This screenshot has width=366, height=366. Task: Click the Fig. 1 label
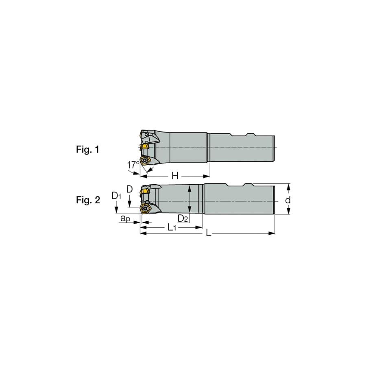coord(88,149)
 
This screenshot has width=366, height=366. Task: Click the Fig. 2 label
coord(88,200)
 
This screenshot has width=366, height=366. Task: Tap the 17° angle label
coord(133,165)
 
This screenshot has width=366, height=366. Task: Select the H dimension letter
coord(175,176)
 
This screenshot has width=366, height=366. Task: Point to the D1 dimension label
coord(116,196)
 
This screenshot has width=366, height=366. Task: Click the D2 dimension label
coord(183,218)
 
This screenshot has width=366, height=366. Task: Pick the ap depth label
coord(125,218)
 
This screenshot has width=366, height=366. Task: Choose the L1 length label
coord(172,227)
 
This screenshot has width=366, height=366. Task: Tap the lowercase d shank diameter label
coord(288,200)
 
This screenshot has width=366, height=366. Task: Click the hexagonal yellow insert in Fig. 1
coord(145,161)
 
